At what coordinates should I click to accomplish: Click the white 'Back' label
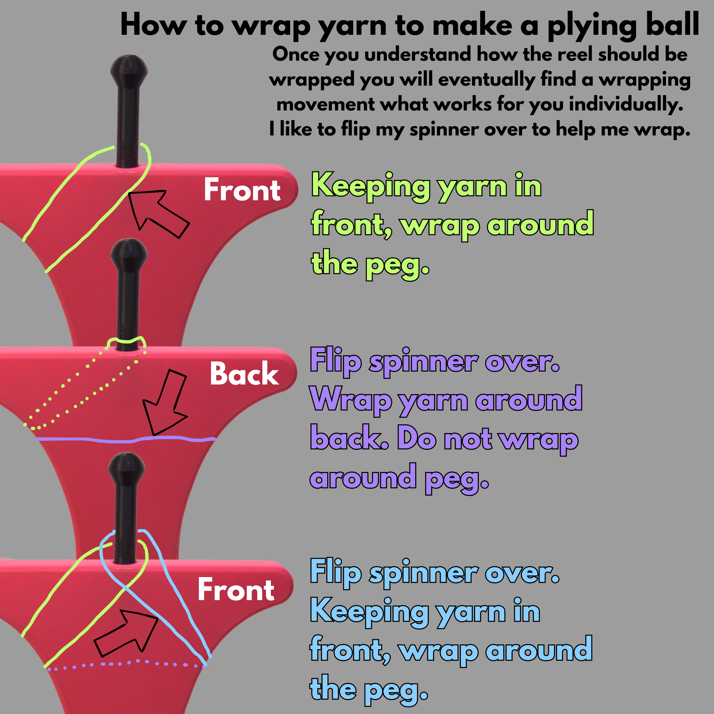pos(244,374)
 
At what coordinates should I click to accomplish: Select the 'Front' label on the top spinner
pos(242,190)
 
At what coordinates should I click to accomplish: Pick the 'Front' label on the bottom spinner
pos(236,590)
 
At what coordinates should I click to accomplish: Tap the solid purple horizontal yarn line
pos(125,440)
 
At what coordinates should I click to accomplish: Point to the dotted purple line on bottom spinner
pos(125,664)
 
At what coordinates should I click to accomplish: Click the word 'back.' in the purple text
pos(349,439)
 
